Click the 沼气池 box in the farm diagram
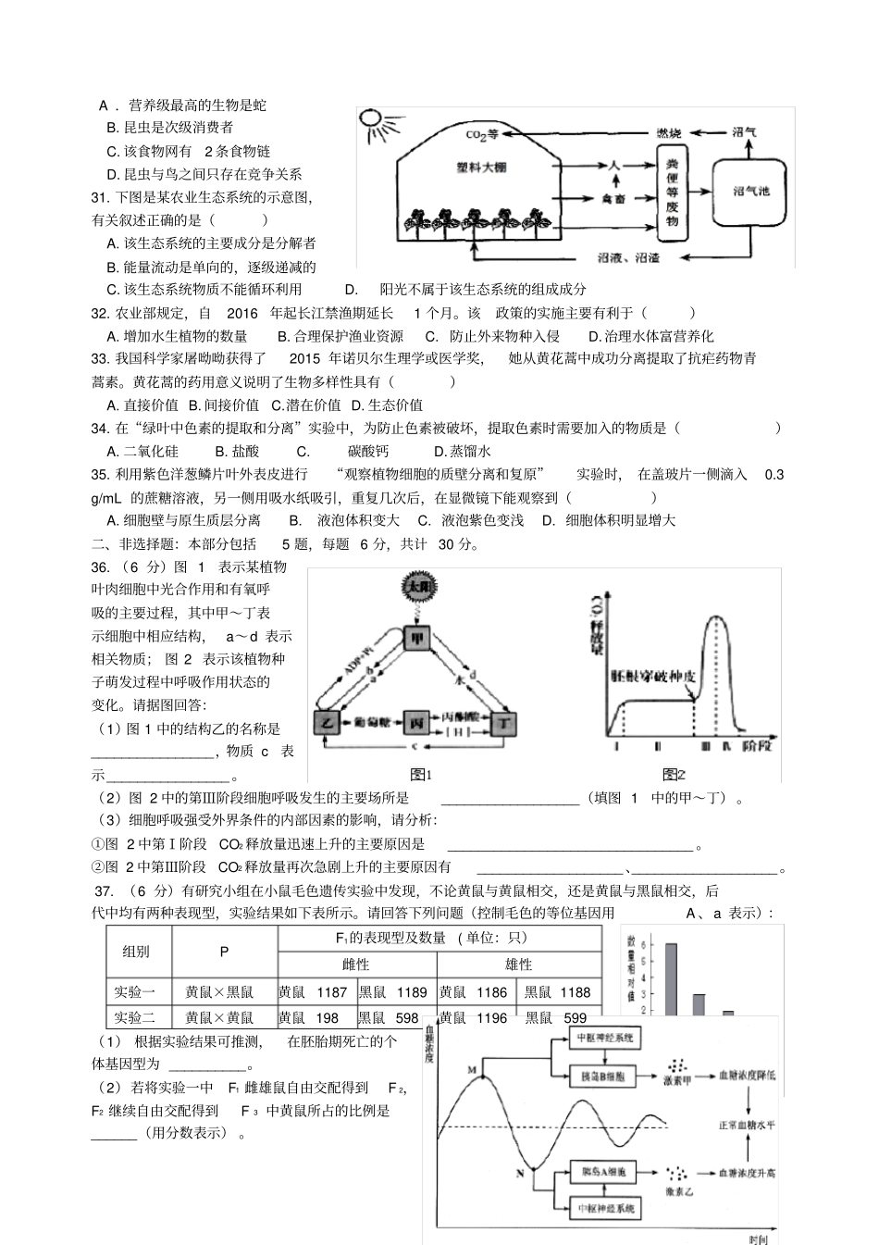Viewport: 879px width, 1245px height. click(750, 192)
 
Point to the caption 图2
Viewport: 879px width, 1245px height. click(674, 774)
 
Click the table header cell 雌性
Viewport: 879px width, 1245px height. click(356, 965)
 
